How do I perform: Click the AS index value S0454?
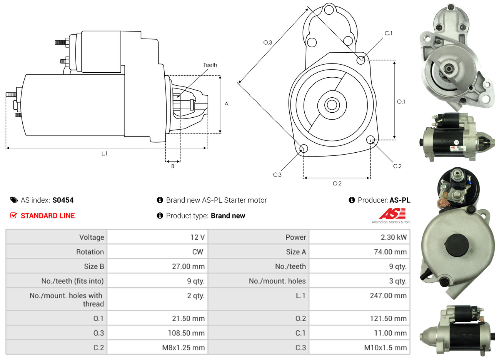(x=63, y=200)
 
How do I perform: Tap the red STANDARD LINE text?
(x=48, y=216)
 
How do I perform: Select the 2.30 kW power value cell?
(x=394, y=237)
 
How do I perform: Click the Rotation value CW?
(x=197, y=252)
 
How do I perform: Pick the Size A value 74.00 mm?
(x=390, y=252)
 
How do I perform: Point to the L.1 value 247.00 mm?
(x=388, y=296)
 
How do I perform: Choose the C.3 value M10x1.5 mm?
(x=385, y=348)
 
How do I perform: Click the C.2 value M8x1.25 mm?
(x=183, y=348)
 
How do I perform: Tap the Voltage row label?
(x=92, y=237)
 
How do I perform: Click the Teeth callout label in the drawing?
(x=210, y=65)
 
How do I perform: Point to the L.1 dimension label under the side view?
(x=104, y=153)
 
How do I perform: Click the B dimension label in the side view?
(x=173, y=166)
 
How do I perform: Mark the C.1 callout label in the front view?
(x=389, y=33)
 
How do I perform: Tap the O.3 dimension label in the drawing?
(x=267, y=42)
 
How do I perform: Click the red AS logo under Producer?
(x=392, y=214)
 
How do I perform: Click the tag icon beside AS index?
(x=14, y=200)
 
